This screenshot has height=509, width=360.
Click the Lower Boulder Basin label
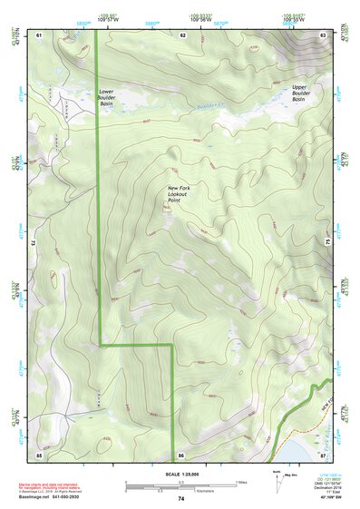(x=112, y=98)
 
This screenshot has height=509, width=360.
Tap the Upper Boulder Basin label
(x=304, y=93)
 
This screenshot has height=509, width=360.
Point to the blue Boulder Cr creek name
(x=210, y=110)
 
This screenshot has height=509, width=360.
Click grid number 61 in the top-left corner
(x=40, y=34)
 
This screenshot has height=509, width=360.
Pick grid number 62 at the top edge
(x=182, y=34)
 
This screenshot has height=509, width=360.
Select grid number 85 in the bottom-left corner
(x=40, y=453)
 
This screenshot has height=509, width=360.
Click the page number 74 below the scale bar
(x=181, y=499)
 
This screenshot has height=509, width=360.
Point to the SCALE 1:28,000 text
(x=180, y=474)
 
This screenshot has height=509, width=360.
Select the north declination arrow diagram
(x=276, y=479)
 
